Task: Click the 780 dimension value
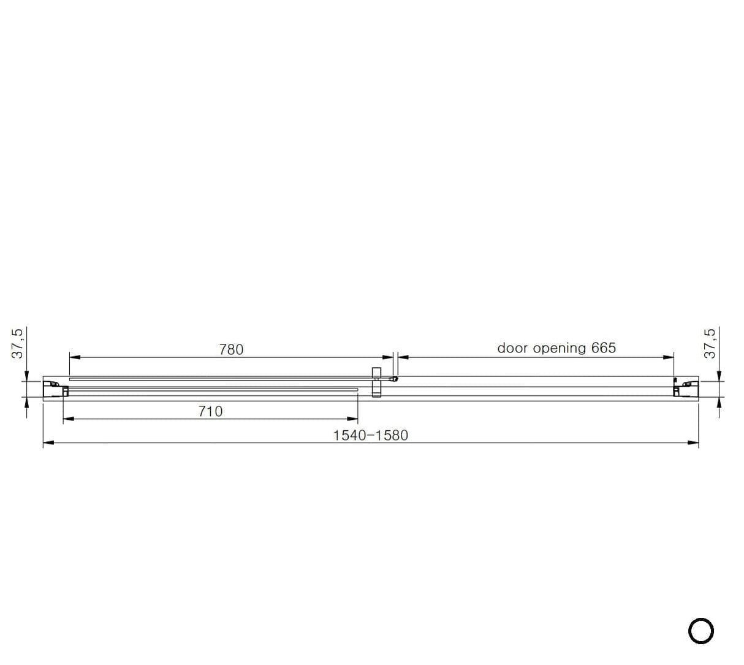click(x=231, y=349)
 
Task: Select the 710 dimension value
click(x=210, y=411)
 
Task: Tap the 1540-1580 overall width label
click(x=370, y=435)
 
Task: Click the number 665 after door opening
click(x=603, y=348)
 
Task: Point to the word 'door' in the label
click(x=512, y=348)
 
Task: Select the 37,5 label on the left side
click(x=18, y=343)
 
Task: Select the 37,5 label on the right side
click(x=710, y=343)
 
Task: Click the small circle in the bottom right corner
click(x=701, y=631)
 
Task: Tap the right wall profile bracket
click(x=685, y=389)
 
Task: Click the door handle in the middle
click(x=376, y=382)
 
